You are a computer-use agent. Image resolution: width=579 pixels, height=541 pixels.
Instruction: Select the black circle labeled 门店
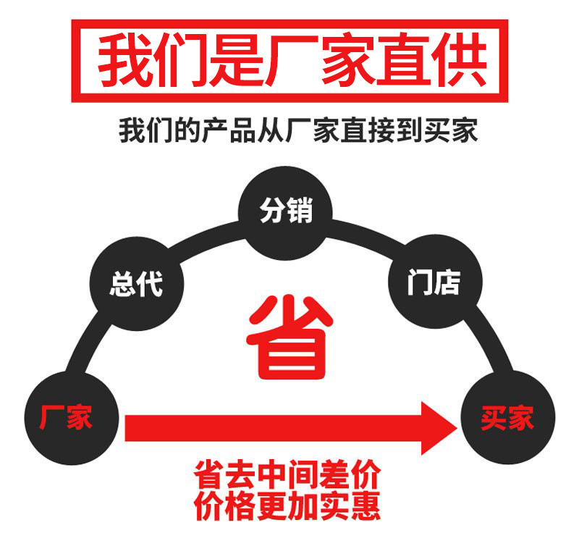click(x=434, y=281)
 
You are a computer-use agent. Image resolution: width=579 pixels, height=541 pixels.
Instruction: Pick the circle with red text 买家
click(x=507, y=418)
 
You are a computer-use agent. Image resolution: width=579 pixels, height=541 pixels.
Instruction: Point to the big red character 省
click(x=289, y=337)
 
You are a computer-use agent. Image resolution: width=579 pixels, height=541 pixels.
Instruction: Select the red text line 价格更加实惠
click(x=287, y=506)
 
